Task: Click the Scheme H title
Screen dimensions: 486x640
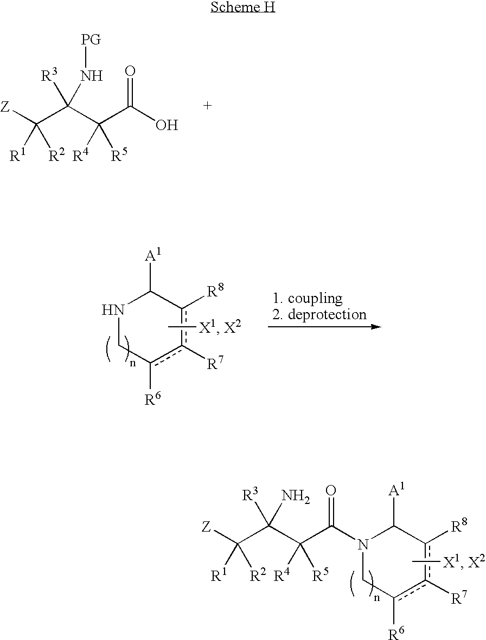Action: tap(242, 7)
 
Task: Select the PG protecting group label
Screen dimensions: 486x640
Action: tap(91, 40)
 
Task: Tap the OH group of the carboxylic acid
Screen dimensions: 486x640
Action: tap(167, 125)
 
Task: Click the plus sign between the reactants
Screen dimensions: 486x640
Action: tap(207, 106)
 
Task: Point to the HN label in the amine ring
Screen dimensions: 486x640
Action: tap(113, 311)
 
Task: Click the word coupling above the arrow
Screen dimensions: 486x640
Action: tap(315, 299)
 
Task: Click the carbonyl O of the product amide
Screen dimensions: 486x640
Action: tap(331, 490)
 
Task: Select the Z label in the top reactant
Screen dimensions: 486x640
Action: tap(5, 107)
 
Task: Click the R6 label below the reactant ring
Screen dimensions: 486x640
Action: tap(153, 399)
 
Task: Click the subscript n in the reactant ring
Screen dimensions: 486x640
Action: tap(133, 364)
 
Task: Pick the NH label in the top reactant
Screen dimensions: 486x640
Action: tap(92, 76)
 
